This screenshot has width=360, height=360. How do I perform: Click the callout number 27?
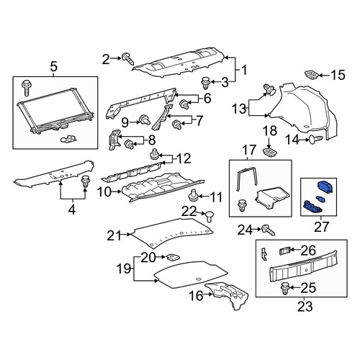(321, 227)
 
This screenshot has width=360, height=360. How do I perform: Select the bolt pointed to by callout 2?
(128, 58)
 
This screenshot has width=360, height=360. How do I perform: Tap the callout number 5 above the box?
(54, 66)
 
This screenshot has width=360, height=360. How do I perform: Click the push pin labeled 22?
(210, 216)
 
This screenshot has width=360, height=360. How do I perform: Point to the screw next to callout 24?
(269, 230)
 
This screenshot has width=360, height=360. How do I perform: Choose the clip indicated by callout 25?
(285, 289)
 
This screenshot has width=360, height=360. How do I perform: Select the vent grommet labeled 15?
(312, 74)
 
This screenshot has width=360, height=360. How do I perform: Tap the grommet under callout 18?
(270, 153)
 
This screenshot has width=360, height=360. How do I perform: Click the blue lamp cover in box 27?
(325, 186)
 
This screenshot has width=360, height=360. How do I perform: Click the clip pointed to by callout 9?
(145, 120)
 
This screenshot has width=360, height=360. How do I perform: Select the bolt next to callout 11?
(193, 196)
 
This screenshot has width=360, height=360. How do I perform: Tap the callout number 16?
(196, 296)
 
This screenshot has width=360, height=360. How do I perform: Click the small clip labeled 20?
(173, 257)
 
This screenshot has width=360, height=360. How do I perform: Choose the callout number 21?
(114, 235)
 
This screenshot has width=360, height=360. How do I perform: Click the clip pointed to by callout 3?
(205, 83)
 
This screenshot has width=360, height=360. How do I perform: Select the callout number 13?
(240, 109)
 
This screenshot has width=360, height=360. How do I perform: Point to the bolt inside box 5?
(26, 88)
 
